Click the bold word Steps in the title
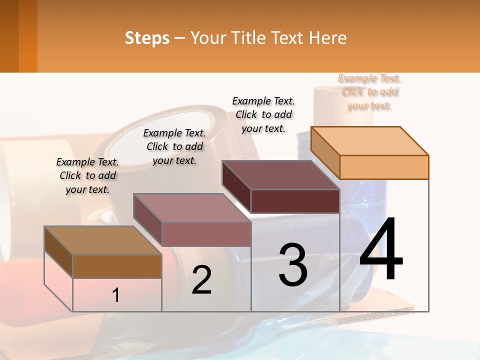coord(147,38)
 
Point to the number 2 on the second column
coord(201,280)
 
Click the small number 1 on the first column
coord(116,295)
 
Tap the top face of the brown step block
coord(102,240)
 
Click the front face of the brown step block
coord(117,266)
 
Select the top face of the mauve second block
coord(192,207)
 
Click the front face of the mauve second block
coord(206,234)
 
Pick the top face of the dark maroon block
coord(280,174)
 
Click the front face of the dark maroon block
coord(295,201)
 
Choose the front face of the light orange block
coord(384,167)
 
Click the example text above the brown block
coord(87,175)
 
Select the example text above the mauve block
coord(174,146)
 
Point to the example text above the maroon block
coord(263,114)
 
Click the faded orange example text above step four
coord(369,92)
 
